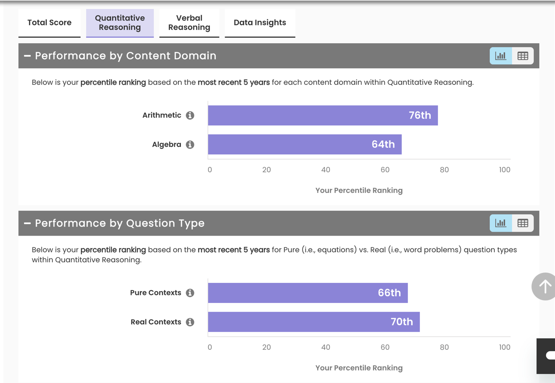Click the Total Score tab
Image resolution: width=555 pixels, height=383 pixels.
click(49, 23)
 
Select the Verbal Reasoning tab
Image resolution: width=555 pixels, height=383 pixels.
click(189, 23)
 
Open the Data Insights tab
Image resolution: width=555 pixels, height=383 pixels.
click(260, 23)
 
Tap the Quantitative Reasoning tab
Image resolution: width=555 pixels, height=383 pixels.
click(120, 23)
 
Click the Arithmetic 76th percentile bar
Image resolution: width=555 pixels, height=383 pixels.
click(323, 115)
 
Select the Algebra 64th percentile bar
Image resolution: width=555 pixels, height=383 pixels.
click(305, 144)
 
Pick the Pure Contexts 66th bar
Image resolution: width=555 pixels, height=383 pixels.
click(308, 293)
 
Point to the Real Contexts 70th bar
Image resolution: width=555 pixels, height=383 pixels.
click(314, 322)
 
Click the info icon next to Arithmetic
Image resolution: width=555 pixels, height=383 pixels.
click(190, 115)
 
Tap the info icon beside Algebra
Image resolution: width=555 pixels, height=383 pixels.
click(190, 144)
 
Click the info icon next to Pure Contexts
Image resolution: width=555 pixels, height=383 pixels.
click(190, 293)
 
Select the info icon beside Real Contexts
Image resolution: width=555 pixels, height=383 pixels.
click(190, 322)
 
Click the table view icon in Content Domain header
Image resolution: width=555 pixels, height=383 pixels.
click(523, 56)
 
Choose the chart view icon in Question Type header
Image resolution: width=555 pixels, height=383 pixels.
click(501, 223)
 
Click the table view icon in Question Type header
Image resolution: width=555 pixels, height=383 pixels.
click(523, 223)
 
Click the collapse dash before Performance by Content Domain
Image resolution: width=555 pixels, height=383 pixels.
click(27, 56)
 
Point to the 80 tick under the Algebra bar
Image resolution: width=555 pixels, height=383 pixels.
click(444, 170)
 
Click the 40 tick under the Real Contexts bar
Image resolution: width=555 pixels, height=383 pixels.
click(326, 347)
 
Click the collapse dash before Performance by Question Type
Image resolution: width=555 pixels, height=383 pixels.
click(27, 223)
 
